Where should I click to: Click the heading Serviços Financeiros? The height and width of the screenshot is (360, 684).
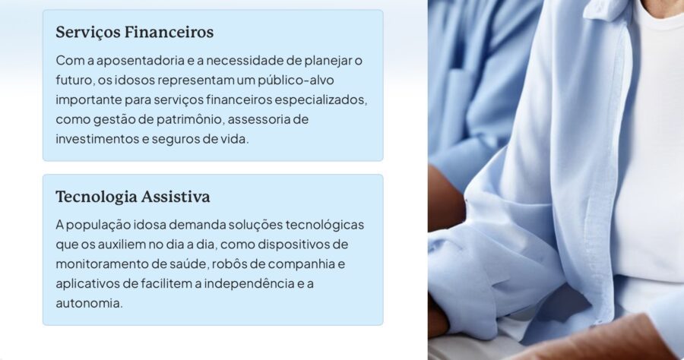(x=135, y=33)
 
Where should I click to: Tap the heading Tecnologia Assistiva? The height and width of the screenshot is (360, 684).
(x=132, y=197)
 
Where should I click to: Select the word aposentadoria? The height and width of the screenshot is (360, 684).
(x=141, y=61)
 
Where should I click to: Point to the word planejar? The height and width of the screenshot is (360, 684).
(x=328, y=61)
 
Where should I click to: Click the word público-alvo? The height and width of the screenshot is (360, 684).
(x=296, y=81)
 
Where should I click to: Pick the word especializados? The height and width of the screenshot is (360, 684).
(x=321, y=99)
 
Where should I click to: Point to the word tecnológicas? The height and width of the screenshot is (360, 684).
(x=325, y=225)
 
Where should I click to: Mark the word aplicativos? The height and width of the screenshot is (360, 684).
(x=87, y=284)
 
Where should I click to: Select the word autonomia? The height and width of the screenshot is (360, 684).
(x=89, y=303)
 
